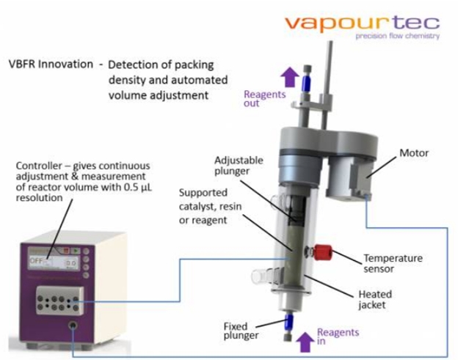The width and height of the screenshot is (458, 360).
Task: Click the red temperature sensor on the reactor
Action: click(323, 256)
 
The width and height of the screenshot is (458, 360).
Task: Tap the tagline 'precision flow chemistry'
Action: click(396, 36)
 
